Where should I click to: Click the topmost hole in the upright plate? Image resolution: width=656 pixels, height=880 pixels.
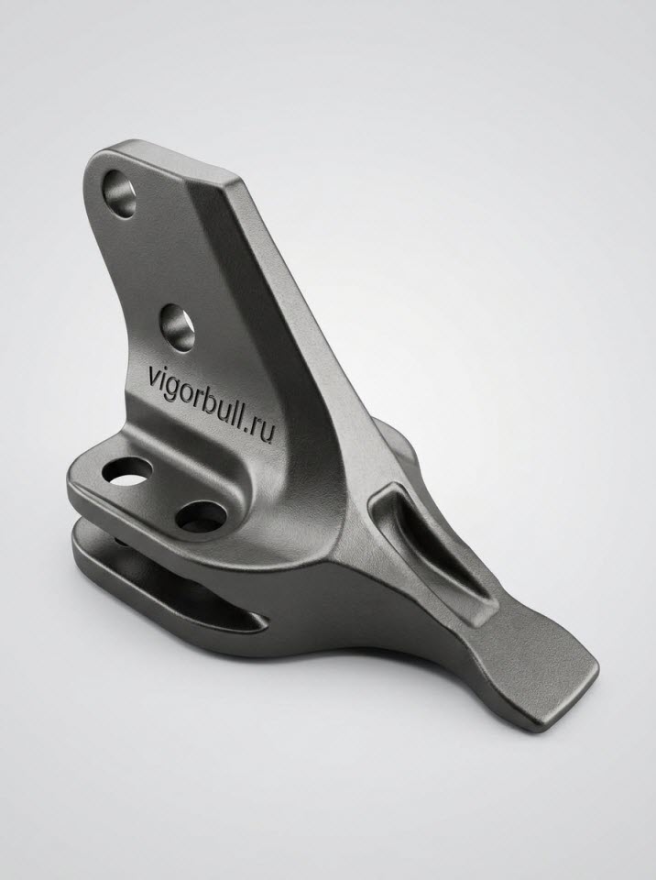[120, 193]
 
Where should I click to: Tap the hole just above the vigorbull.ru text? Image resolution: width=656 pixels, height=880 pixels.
[177, 328]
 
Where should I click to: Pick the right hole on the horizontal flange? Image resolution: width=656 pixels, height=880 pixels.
[201, 516]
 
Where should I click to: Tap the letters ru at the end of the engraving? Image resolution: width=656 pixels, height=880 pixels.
[263, 431]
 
